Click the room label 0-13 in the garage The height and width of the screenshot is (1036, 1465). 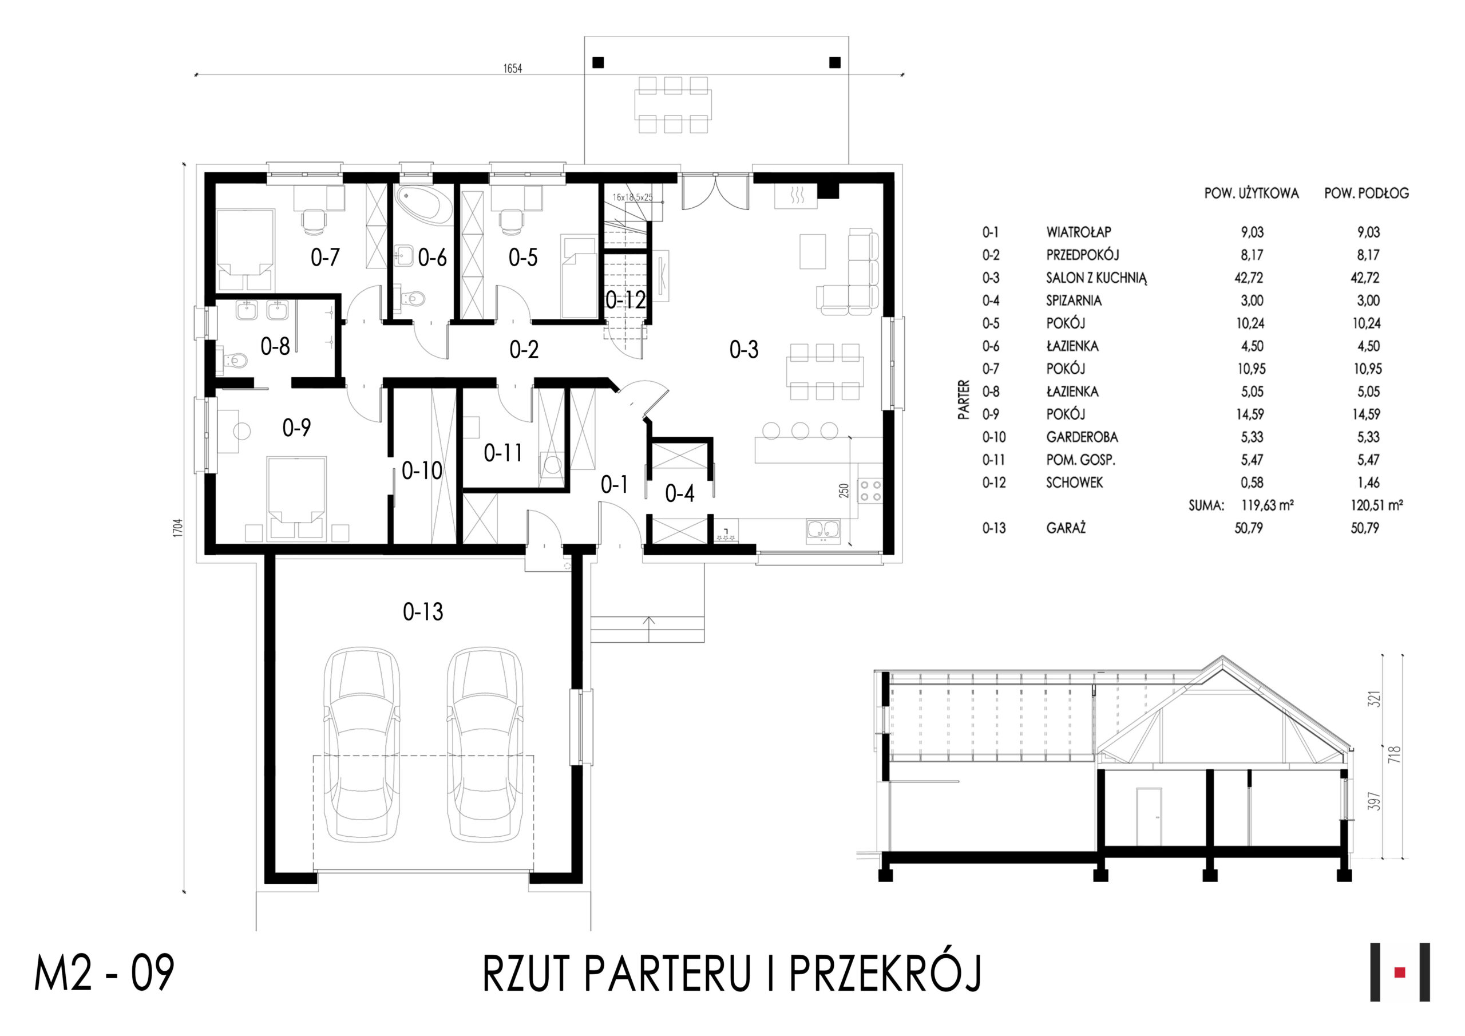pyautogui.click(x=422, y=611)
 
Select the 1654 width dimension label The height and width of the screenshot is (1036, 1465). pyautogui.click(x=512, y=68)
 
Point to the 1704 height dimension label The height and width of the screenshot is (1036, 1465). pyautogui.click(x=178, y=527)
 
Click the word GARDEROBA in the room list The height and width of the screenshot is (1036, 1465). pyautogui.click(x=1082, y=437)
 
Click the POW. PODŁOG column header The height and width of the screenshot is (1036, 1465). pyautogui.click(x=1367, y=193)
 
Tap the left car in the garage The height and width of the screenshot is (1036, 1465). pyautogui.click(x=362, y=744)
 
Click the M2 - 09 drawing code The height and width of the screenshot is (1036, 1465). pyautogui.click(x=104, y=974)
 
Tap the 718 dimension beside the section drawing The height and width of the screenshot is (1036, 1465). pyautogui.click(x=1395, y=754)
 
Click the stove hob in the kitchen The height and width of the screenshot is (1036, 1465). pyautogui.click(x=870, y=490)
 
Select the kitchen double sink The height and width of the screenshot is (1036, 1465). pyautogui.click(x=823, y=530)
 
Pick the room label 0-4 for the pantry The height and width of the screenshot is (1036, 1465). pyautogui.click(x=679, y=493)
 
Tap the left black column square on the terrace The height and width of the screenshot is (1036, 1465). pyautogui.click(x=598, y=62)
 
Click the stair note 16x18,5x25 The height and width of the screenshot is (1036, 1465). pyautogui.click(x=632, y=197)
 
